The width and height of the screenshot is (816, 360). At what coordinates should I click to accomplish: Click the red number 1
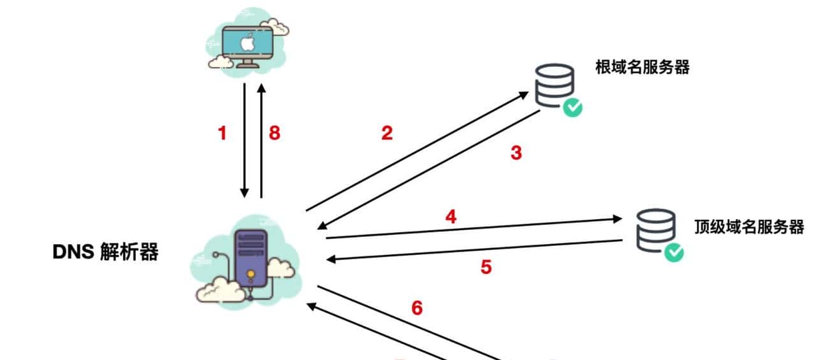coord(222,134)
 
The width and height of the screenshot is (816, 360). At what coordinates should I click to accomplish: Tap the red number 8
coord(274,134)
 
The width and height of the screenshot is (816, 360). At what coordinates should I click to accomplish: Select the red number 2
coord(387,133)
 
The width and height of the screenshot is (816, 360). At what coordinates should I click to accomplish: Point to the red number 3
coord(516,153)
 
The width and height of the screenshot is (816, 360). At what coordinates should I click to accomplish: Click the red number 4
coord(451,217)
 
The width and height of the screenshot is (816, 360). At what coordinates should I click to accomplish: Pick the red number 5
coord(486,266)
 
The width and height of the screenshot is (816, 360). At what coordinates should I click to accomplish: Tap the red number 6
coord(417,308)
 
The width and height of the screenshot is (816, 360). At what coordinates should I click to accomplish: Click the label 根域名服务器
coord(642,68)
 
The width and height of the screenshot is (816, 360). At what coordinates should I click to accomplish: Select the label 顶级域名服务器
coord(748,227)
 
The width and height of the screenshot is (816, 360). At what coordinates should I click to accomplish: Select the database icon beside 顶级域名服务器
coord(655,229)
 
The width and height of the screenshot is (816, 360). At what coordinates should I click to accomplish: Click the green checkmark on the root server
coord(572,107)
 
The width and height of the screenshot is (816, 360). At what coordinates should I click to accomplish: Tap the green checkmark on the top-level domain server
coord(673,252)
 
